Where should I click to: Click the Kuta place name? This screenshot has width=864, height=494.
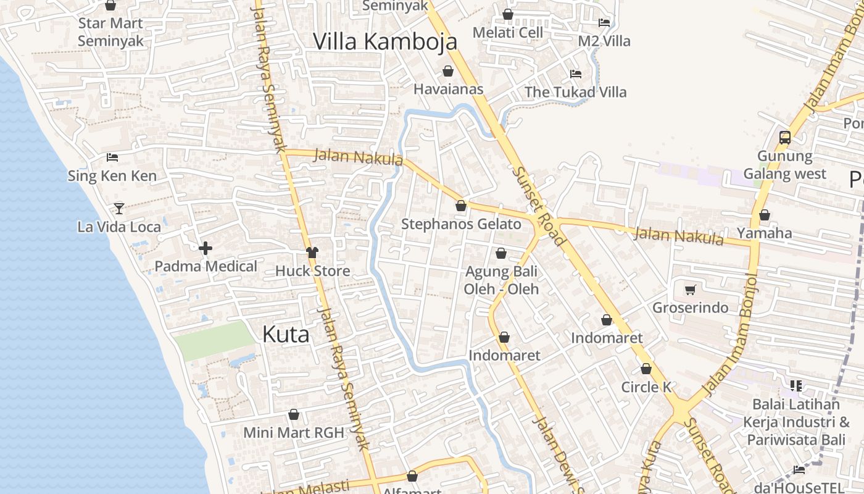click(286, 335)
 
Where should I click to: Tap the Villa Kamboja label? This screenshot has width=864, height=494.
click(385, 41)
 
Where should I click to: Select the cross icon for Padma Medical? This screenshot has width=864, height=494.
click(206, 248)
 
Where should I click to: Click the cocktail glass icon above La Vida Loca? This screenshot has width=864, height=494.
click(119, 209)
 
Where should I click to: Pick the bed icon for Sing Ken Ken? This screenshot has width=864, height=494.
click(112, 157)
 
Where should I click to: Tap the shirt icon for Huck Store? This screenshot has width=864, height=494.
click(312, 252)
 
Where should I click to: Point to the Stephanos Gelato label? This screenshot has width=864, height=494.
click(461, 224)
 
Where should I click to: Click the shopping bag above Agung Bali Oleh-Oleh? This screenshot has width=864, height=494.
click(501, 253)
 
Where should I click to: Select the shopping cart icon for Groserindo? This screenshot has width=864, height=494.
click(691, 290)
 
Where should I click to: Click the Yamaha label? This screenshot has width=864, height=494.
click(765, 233)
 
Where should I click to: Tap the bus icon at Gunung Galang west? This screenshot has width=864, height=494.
click(785, 138)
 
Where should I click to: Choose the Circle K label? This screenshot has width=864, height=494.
click(646, 387)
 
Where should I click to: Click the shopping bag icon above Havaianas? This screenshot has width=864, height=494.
click(448, 71)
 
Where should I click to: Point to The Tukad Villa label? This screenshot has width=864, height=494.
click(575, 93)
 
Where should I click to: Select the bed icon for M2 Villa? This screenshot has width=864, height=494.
click(604, 23)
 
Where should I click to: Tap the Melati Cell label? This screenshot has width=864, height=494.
click(508, 32)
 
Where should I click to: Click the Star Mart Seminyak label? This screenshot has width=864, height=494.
click(110, 32)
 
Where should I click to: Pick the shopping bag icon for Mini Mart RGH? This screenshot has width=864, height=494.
click(294, 414)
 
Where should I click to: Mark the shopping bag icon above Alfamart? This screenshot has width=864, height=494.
click(412, 476)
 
